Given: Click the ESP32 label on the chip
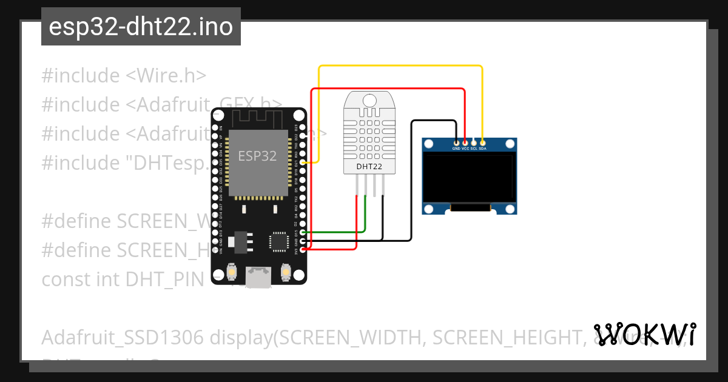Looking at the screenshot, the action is tap(257, 156).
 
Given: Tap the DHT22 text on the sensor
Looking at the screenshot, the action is tap(369, 166).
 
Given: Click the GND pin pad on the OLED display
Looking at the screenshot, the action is tap(456, 142).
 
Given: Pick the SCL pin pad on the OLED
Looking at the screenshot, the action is tap(474, 142).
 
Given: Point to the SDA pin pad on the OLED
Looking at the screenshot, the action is tap(482, 142).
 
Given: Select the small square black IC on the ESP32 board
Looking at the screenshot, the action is tap(279, 240).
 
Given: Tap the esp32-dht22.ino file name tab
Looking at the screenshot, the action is tap(141, 27).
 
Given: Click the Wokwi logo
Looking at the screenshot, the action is tap(645, 334).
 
